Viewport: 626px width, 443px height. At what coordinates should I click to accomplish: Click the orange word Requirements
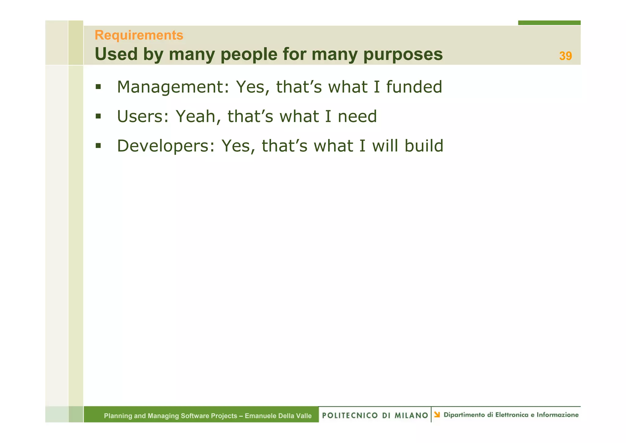tap(139, 35)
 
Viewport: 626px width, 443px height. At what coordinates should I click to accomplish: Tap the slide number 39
tap(565, 56)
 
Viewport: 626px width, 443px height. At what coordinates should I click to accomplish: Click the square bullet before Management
tap(98, 87)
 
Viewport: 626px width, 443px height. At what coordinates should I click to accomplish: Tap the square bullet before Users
tap(98, 116)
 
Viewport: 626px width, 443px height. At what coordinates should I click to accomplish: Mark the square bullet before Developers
tap(98, 146)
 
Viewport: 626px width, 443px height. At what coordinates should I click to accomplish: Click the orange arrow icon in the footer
tap(437, 415)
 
